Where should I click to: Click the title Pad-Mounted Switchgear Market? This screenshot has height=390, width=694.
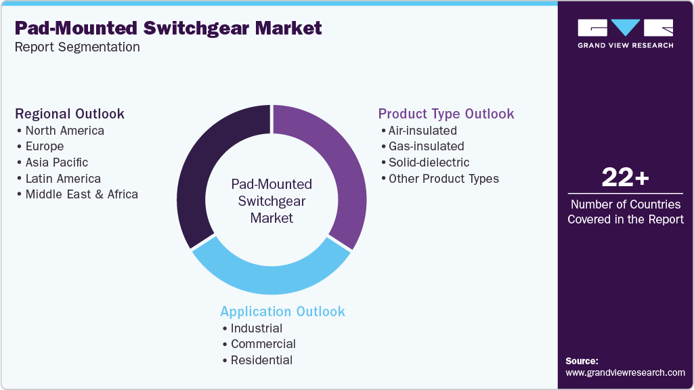click(x=168, y=28)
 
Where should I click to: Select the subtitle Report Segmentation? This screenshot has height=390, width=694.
click(x=77, y=47)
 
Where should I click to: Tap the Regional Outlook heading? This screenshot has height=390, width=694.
click(x=70, y=114)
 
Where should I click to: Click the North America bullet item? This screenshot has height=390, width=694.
click(x=64, y=131)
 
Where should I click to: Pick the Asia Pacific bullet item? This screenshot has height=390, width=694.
click(x=57, y=162)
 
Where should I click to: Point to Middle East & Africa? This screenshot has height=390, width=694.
click(x=81, y=194)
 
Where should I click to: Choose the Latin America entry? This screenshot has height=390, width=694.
click(x=63, y=178)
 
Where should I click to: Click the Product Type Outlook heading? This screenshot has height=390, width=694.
click(x=446, y=114)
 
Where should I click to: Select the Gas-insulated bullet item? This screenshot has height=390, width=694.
click(x=427, y=146)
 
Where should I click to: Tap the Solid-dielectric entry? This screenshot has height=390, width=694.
click(x=429, y=162)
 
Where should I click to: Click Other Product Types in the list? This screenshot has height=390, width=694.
click(x=443, y=178)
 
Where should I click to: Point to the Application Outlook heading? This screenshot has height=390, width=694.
click(x=283, y=311)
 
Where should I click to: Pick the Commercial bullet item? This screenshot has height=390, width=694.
click(x=263, y=344)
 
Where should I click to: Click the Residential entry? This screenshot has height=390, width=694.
click(x=261, y=360)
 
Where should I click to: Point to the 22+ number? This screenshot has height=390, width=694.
click(x=626, y=177)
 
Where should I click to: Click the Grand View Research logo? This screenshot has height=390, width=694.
click(x=626, y=34)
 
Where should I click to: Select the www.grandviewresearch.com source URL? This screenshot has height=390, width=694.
click(x=625, y=373)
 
